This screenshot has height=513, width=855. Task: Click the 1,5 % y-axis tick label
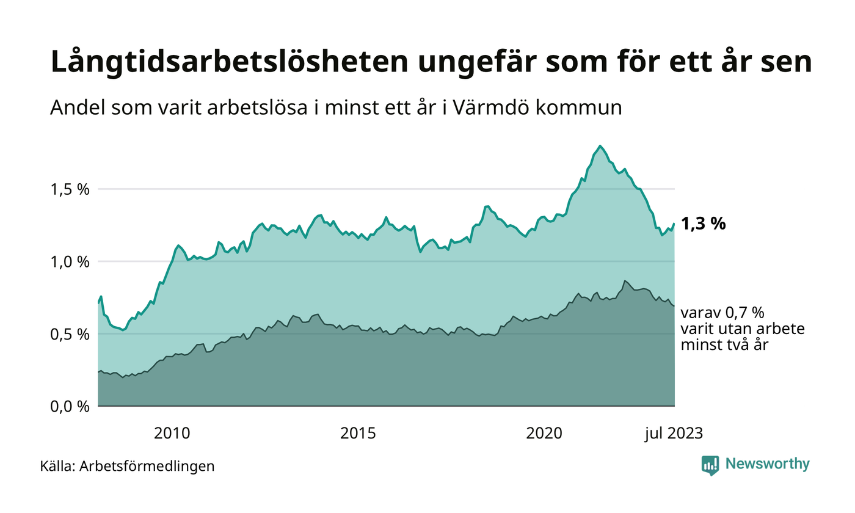(x=69, y=189)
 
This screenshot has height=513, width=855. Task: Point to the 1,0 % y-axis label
(x=69, y=261)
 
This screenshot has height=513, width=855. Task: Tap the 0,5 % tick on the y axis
(x=69, y=334)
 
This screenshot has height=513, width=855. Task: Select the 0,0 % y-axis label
(x=69, y=406)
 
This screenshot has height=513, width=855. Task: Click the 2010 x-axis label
(x=172, y=434)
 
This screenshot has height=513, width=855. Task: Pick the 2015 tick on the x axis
(x=358, y=434)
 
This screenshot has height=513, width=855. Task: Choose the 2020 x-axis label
(x=544, y=434)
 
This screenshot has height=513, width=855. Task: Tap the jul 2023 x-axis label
(x=674, y=434)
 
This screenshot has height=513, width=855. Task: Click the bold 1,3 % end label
(x=703, y=224)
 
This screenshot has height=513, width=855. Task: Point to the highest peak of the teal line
(x=600, y=146)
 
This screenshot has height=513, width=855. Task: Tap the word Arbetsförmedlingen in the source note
(x=147, y=466)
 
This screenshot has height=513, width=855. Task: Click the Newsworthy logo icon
(x=710, y=465)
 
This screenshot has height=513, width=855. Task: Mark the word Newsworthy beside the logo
(x=767, y=464)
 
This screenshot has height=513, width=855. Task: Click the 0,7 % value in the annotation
(x=743, y=313)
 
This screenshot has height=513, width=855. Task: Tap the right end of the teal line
(x=674, y=224)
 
